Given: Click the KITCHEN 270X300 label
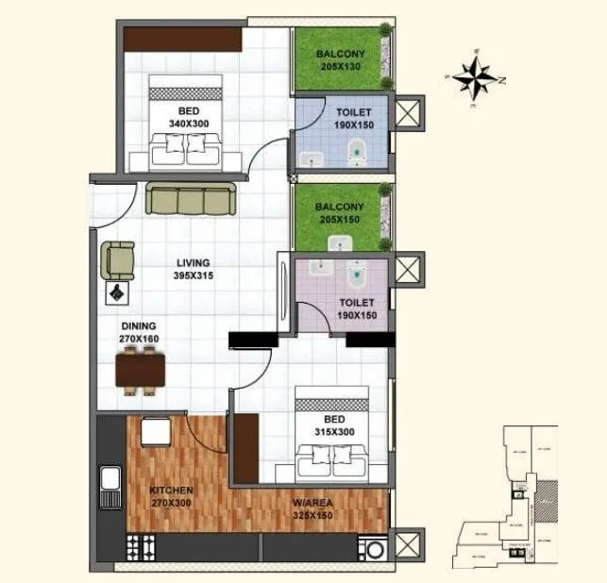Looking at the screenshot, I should point(171,496).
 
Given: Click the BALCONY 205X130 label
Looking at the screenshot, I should point(341,60).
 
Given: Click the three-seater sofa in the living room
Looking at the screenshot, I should point(192,199).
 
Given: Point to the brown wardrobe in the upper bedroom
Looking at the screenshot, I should point(183,40).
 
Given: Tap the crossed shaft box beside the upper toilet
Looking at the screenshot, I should point(408,115).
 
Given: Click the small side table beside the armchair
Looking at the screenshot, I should point(117,292).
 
